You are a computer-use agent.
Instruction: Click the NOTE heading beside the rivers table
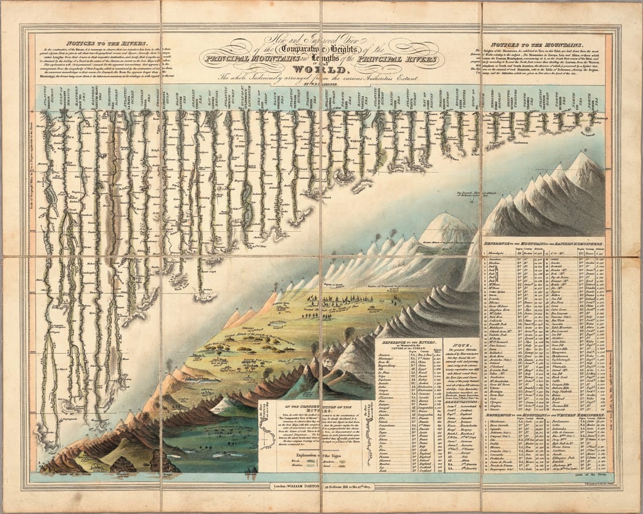pyautogui.click(x=451, y=344)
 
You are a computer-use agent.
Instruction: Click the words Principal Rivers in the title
pyautogui.click(x=409, y=58)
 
